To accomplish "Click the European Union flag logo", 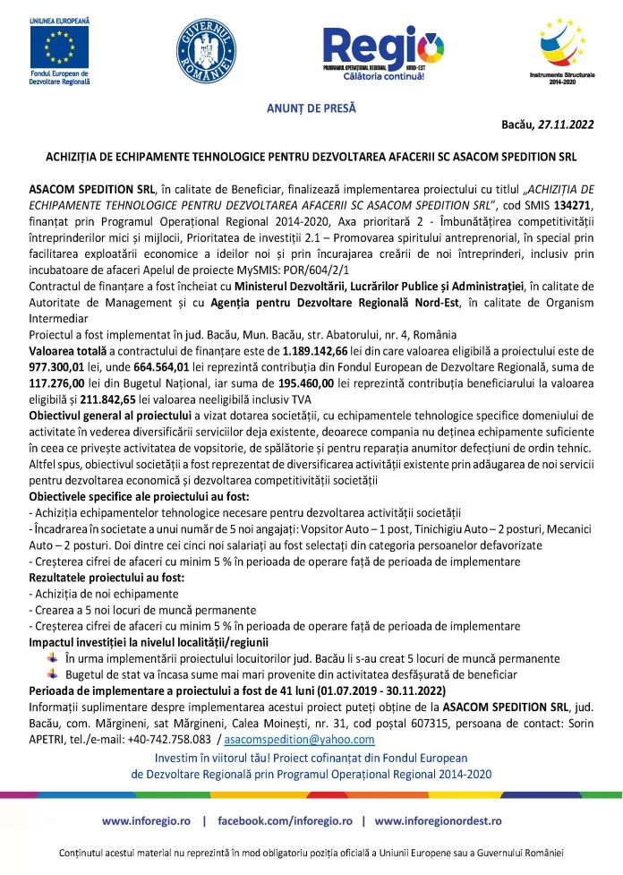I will click(x=60, y=45).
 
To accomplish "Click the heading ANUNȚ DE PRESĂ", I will click(x=311, y=108).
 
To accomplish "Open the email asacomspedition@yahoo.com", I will click(x=300, y=740).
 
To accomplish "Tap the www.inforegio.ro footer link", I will click(x=146, y=820).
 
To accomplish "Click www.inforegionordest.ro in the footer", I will click(x=438, y=820).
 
